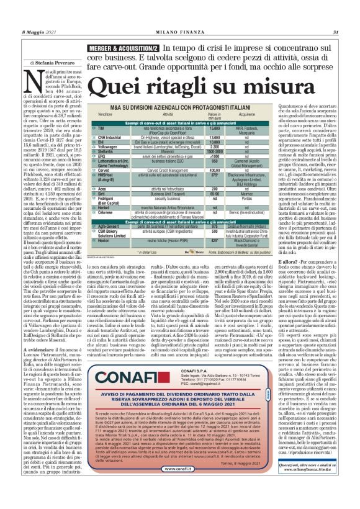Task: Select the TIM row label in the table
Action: pyautogui.click(x=101, y=127)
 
